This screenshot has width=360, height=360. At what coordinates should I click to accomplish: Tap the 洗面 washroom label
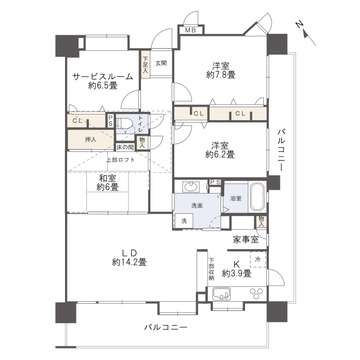tap(197, 204)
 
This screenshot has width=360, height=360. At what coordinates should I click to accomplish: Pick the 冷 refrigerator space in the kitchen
tap(257, 259)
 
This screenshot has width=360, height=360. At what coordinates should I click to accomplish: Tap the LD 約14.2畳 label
tap(129, 256)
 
